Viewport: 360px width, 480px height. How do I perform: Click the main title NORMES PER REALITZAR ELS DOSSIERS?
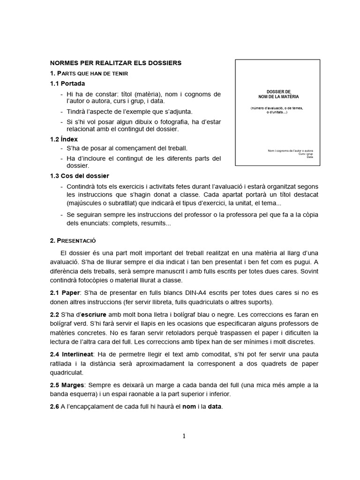115,63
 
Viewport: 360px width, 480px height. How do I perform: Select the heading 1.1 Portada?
67,83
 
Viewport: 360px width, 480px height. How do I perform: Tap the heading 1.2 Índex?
64,139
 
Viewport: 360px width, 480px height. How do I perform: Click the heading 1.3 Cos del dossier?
79,176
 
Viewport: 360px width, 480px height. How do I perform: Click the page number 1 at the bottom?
184,436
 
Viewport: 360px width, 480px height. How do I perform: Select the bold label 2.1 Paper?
65,293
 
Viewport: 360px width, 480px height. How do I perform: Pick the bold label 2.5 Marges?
68,385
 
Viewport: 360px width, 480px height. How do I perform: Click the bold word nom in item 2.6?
189,406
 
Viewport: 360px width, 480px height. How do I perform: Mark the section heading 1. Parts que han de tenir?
89,73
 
